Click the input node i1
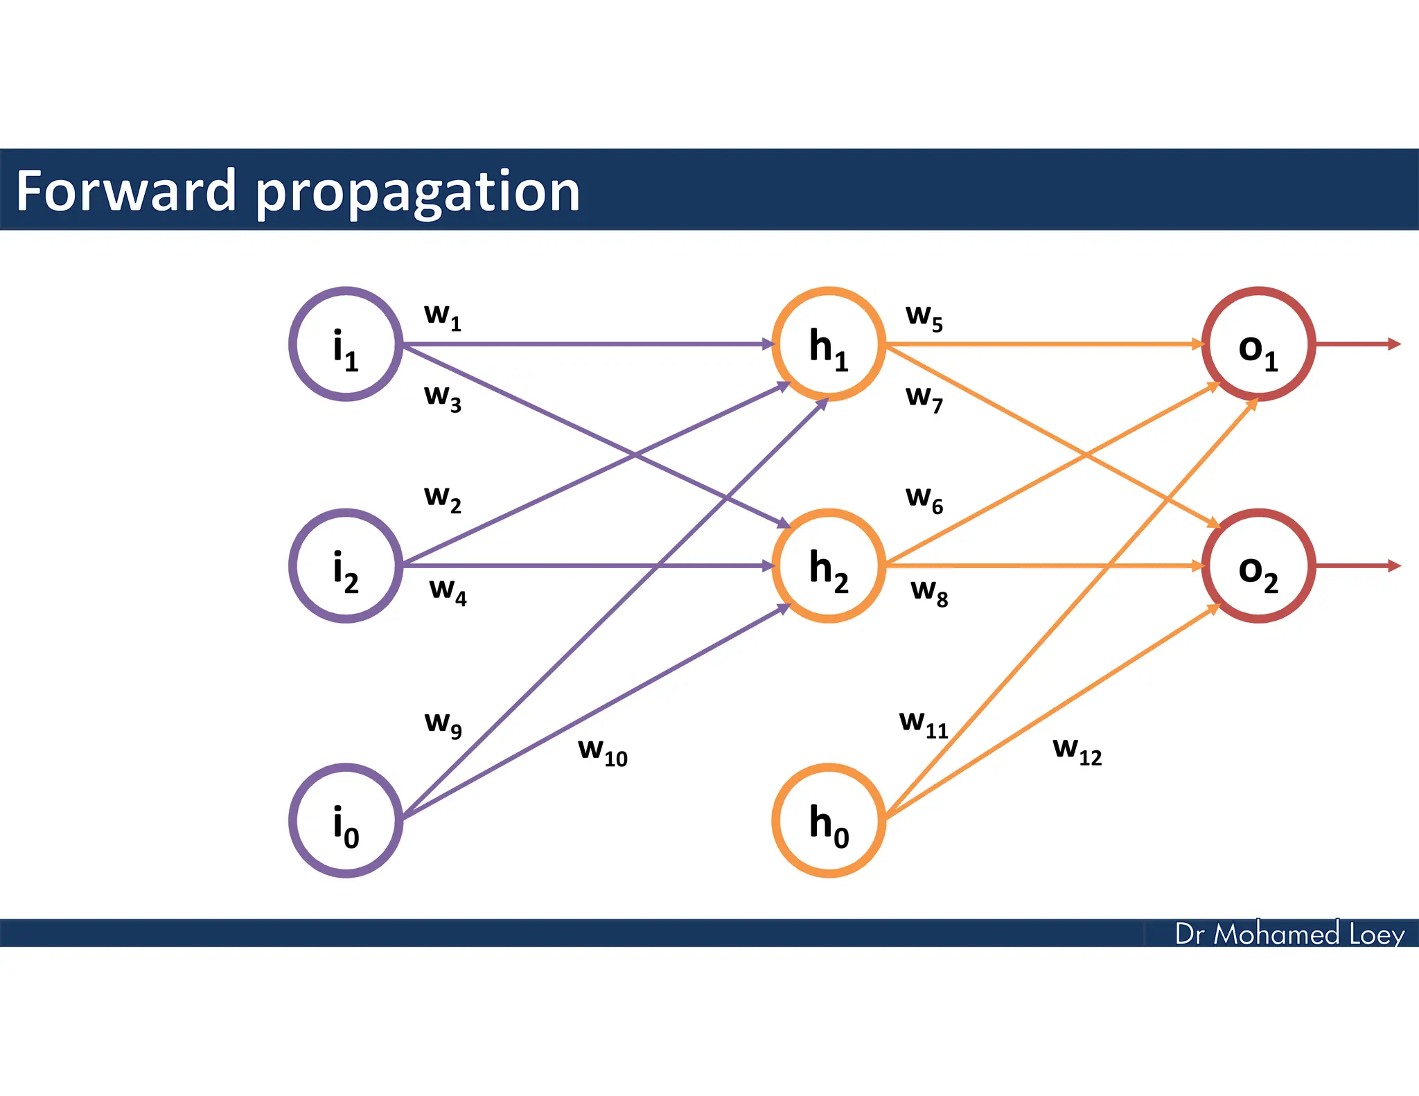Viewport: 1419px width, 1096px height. (346, 344)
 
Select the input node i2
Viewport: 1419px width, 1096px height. (346, 566)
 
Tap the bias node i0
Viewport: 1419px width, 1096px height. (346, 820)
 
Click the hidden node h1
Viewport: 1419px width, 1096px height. (829, 344)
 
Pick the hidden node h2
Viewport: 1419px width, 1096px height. (829, 566)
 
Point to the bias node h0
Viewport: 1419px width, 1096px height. (829, 820)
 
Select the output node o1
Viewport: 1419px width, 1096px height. (1258, 344)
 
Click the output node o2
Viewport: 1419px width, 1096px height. (1258, 566)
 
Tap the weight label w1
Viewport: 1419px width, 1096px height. (443, 317)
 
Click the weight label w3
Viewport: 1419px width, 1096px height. (443, 398)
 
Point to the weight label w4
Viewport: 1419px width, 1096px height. (448, 592)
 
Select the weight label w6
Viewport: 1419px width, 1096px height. (924, 500)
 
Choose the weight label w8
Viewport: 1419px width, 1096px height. (929, 592)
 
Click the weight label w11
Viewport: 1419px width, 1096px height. (924, 724)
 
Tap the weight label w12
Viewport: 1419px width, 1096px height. (1077, 750)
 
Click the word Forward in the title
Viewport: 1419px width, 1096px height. (125, 191)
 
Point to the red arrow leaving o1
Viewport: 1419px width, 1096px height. (1358, 344)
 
